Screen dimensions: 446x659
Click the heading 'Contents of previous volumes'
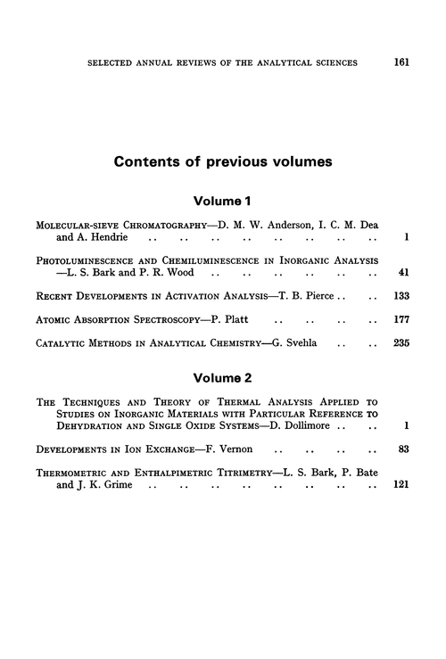223,163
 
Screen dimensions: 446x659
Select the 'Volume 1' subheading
223,202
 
